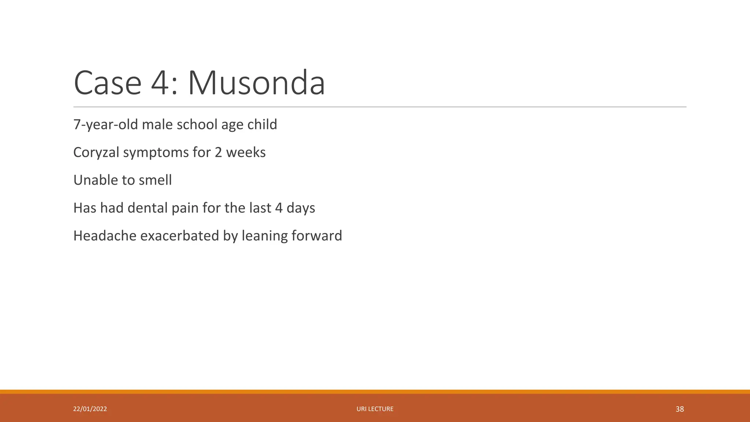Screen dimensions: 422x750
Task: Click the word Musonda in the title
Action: [x=256, y=83]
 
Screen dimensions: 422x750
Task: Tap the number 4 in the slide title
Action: [x=160, y=83]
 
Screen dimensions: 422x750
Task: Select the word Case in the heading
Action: [x=107, y=83]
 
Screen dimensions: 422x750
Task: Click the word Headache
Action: [x=105, y=236]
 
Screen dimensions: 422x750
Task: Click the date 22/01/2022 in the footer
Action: [x=90, y=409]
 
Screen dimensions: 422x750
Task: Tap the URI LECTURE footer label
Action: [x=375, y=409]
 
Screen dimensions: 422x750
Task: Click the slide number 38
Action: [x=680, y=409]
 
